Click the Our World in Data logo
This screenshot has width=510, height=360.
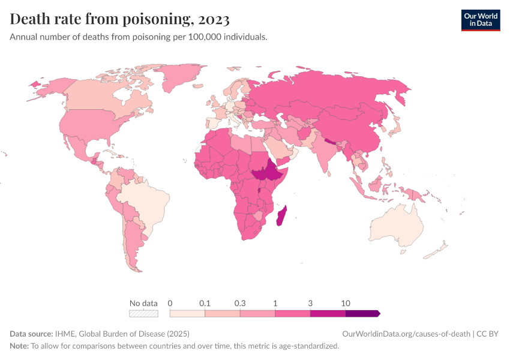click(x=480, y=20)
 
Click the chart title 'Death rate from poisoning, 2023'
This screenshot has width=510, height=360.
click(x=119, y=20)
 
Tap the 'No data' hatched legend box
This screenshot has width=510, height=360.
click(x=143, y=313)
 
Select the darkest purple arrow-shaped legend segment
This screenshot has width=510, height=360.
click(x=362, y=313)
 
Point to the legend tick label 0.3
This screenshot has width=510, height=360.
click(x=240, y=303)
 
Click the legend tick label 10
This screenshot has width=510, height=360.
click(x=346, y=303)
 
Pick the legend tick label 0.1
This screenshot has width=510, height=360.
click(x=205, y=303)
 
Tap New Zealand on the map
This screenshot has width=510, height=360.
click(x=437, y=251)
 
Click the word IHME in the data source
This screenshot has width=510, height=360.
click(x=64, y=334)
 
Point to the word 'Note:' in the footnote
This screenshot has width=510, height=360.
click(x=19, y=346)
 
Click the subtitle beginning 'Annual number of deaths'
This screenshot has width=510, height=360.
click(x=139, y=37)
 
